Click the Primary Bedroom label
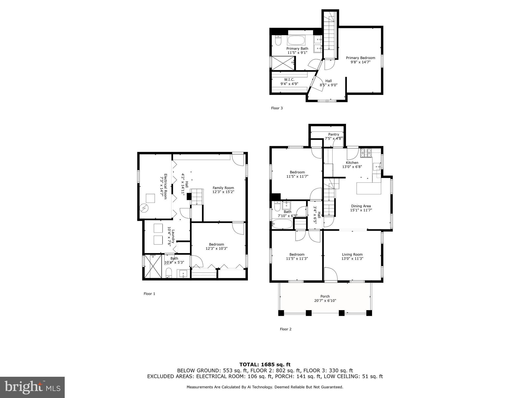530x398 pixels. click(x=360, y=58)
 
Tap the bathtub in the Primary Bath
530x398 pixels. click(x=297, y=41)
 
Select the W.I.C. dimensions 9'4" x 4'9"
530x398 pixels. click(x=289, y=84)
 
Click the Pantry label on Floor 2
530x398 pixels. click(x=333, y=134)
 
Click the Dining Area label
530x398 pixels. click(x=361, y=206)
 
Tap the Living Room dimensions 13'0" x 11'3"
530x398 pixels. click(x=352, y=258)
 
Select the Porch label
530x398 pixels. click(x=325, y=296)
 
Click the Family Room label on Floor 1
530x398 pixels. click(x=223, y=188)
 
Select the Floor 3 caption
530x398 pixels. click(x=277, y=108)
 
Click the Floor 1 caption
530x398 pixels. click(x=149, y=294)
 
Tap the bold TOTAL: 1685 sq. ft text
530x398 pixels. click(x=265, y=365)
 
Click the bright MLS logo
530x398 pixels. click(x=32, y=387)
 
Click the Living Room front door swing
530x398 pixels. click(x=330, y=274)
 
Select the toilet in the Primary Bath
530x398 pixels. click(x=278, y=41)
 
